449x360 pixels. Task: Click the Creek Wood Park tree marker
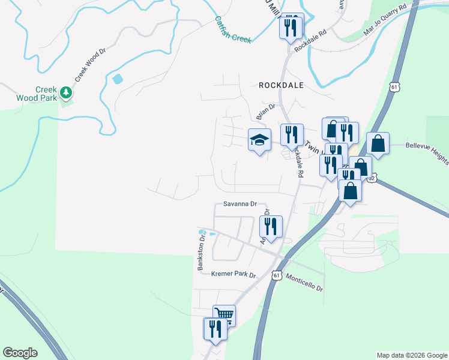point(67,92)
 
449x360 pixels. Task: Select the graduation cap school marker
point(260,140)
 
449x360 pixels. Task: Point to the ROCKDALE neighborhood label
point(281,85)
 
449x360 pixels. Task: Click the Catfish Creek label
point(232,29)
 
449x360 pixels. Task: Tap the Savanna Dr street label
point(240,204)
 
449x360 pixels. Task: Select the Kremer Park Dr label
point(234,275)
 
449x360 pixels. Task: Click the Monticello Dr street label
point(305,283)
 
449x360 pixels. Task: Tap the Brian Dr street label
point(265,111)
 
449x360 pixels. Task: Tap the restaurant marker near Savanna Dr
point(271,227)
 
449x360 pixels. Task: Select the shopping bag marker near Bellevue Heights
point(378,143)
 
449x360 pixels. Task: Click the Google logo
point(20,352)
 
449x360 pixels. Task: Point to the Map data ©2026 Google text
point(411,355)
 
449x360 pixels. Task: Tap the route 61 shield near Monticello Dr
point(276,275)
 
